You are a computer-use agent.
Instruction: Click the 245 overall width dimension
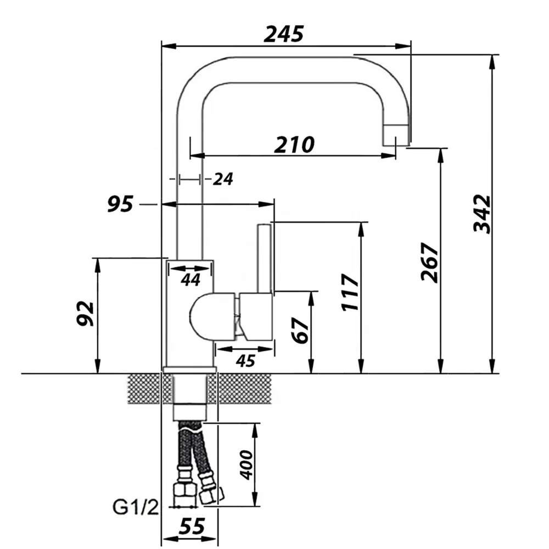point(284,34)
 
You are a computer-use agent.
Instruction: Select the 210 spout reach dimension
point(294,144)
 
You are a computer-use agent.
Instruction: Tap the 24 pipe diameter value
point(223,180)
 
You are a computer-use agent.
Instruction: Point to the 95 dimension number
point(120,204)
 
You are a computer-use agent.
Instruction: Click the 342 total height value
point(482,214)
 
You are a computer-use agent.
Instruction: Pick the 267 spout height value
point(430,262)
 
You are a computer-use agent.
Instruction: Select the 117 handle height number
point(350,293)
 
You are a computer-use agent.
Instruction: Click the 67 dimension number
point(300,330)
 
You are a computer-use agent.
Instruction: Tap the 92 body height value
point(85,313)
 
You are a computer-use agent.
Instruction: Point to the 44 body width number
point(191,280)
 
